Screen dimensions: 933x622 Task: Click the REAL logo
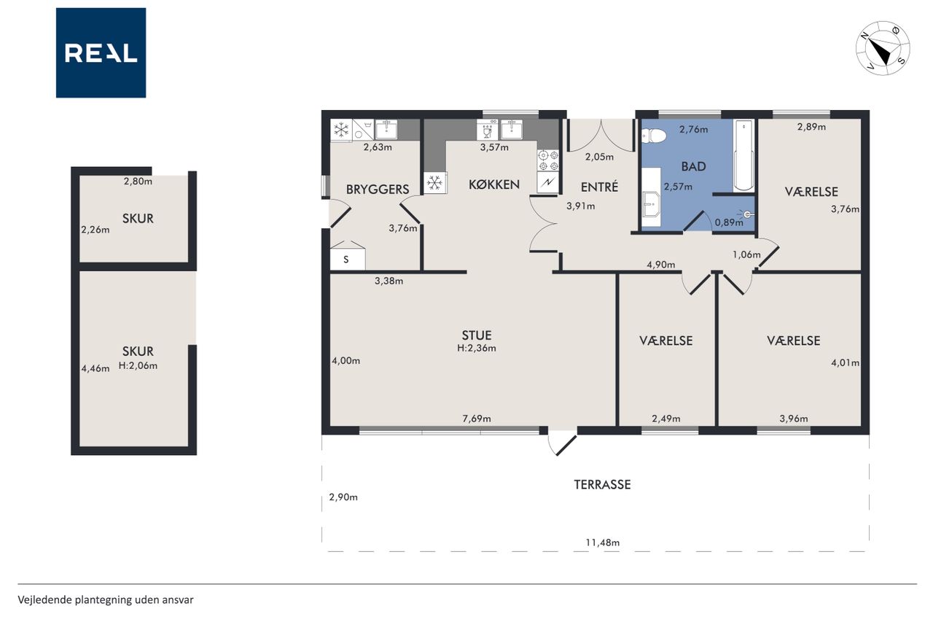[101, 53]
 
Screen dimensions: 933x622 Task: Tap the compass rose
[883, 48]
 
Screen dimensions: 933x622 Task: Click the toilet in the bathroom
[654, 136]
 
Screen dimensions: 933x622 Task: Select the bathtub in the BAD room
[743, 156]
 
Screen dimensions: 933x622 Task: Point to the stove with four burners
[548, 161]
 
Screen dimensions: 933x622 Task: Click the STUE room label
[477, 335]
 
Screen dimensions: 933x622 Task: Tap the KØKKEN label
[494, 184]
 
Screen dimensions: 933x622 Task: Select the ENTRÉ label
[599, 187]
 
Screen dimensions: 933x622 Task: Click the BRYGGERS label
[378, 190]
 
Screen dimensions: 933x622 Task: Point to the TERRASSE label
[602, 484]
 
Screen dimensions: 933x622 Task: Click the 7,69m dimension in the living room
[477, 419]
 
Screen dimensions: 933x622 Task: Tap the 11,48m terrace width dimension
[602, 543]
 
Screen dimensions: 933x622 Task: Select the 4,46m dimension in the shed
[95, 369]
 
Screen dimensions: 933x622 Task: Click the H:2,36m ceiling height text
[477, 349]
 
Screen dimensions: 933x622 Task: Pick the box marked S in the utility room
[348, 259]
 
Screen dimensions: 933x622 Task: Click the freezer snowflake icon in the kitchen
[435, 183]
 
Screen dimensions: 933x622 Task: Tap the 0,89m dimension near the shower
[729, 222]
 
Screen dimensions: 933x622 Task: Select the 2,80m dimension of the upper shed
[138, 182]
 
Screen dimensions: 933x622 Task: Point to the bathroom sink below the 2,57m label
[650, 204]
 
